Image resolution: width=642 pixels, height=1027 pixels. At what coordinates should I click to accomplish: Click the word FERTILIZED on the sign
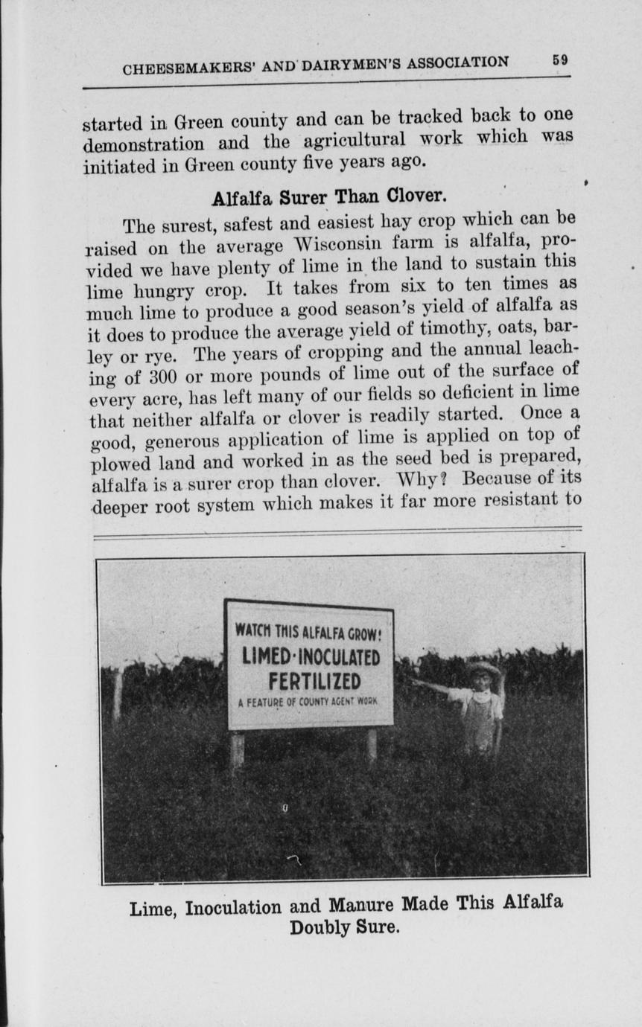[314, 681]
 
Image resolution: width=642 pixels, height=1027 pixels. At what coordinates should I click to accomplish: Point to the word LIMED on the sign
[265, 657]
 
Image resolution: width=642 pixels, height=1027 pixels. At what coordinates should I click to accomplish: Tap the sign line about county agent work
[308, 701]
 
